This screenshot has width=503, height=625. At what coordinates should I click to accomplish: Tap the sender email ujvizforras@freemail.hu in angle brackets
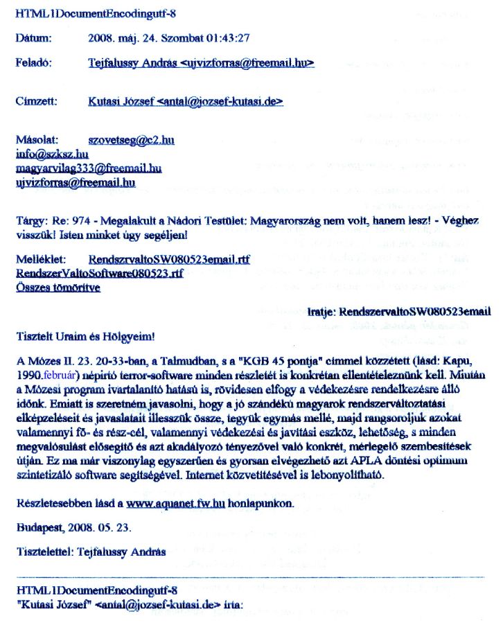[x=247, y=62]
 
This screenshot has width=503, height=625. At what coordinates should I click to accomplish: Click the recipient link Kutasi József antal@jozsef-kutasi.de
[x=186, y=101]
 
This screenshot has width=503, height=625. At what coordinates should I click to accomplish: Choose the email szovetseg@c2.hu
[x=132, y=140]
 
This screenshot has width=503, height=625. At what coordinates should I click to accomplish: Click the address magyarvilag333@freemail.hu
[x=88, y=168]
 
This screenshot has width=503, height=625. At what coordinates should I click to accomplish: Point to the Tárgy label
[x=30, y=220]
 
